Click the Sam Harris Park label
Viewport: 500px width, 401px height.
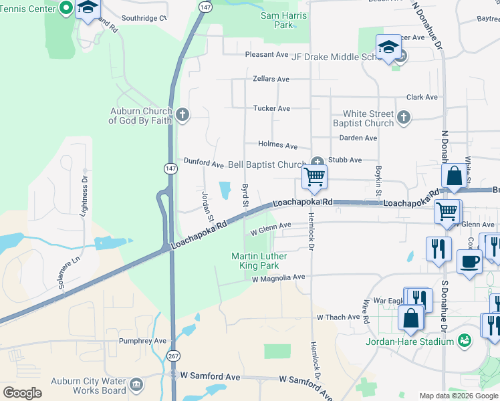(x=284, y=20)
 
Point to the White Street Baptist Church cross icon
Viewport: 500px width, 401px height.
(x=403, y=118)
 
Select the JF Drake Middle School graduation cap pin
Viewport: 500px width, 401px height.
(x=388, y=47)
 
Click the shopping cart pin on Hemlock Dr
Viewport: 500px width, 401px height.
(x=314, y=177)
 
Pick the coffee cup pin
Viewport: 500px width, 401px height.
(x=469, y=261)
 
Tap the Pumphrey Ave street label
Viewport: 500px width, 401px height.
(x=142, y=341)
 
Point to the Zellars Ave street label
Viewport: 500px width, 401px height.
(x=271, y=79)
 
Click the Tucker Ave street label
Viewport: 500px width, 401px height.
(x=271, y=108)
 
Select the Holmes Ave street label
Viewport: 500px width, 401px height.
(x=277, y=145)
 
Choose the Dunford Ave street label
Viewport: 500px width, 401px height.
(x=203, y=162)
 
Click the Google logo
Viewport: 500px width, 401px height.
(x=22, y=393)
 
